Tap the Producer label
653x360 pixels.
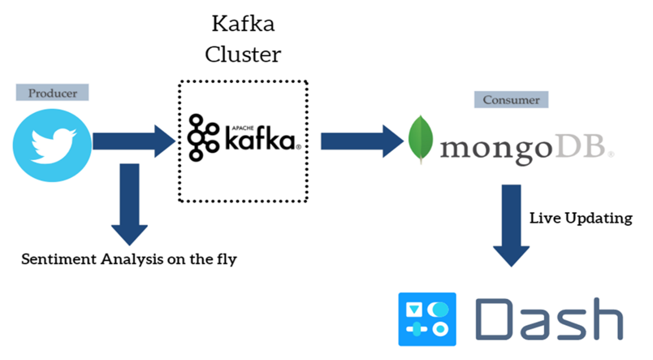pos(52,93)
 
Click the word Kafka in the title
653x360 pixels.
pos(243,22)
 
